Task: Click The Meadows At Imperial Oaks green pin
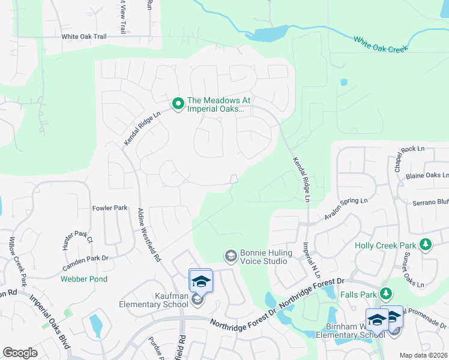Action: click(x=178, y=104)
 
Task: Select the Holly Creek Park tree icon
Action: click(x=426, y=244)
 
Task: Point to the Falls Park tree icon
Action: click(x=387, y=293)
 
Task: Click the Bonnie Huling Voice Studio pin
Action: click(x=230, y=257)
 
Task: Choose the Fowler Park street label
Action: click(x=110, y=208)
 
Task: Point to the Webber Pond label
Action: click(x=83, y=279)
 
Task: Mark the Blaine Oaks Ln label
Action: click(x=427, y=175)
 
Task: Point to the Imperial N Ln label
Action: click(x=310, y=258)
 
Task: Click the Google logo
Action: click(x=20, y=353)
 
